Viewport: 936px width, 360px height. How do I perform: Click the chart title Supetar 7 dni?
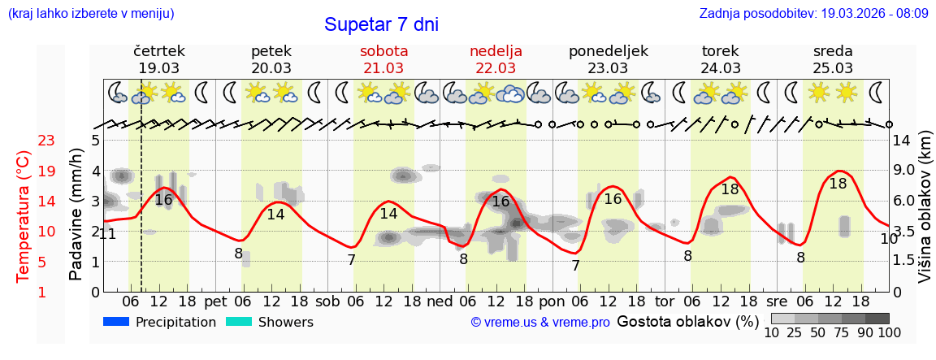coord(381,24)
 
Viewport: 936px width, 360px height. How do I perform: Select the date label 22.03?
coord(496,68)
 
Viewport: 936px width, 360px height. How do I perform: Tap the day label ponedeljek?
coord(608,51)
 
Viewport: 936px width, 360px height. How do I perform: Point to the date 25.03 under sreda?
coord(833,68)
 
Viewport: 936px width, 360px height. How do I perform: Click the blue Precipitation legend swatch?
coord(116,322)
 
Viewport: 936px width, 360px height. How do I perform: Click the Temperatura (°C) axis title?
coord(24,216)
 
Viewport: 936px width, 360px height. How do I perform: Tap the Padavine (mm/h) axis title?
coord(76,215)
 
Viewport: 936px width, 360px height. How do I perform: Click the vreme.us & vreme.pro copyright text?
coord(540,323)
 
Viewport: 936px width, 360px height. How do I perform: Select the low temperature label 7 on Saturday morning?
coord(351,261)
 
